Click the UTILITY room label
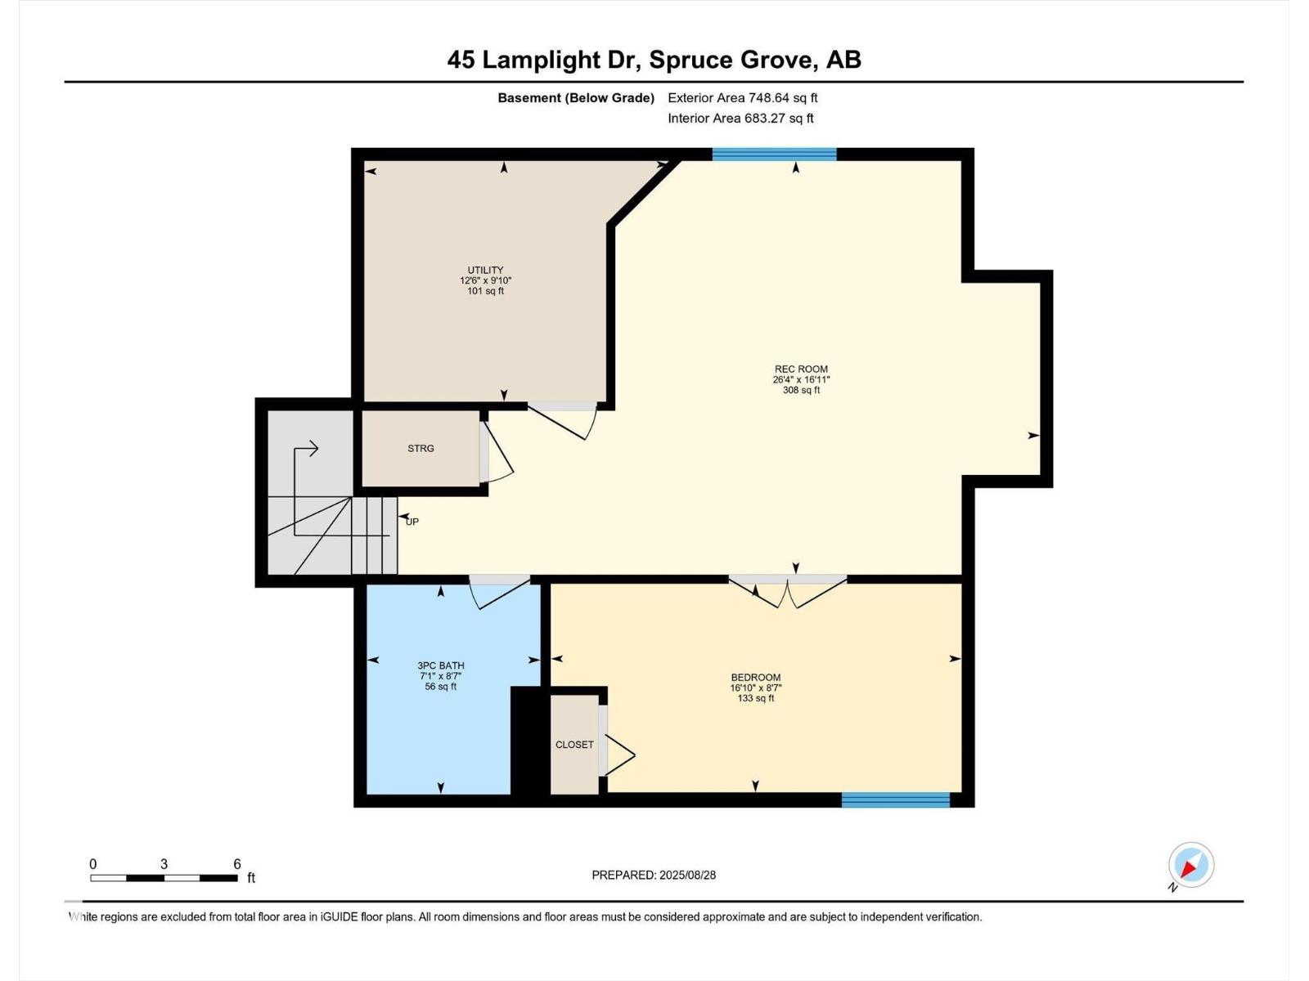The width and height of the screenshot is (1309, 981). click(x=485, y=270)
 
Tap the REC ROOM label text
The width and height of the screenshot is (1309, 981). click(x=801, y=370)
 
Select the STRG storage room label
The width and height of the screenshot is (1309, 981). click(x=421, y=449)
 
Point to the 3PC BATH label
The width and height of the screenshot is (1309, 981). click(x=441, y=665)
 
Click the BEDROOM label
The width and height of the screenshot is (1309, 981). click(x=756, y=677)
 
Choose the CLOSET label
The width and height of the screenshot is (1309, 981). click(x=574, y=745)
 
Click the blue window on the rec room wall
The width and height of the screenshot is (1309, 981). click(x=774, y=155)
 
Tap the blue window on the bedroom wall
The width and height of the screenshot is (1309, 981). click(x=895, y=800)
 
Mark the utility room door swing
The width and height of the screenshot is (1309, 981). click(x=562, y=422)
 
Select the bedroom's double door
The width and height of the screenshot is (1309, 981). click(x=787, y=591)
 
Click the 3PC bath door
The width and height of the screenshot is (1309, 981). click(x=500, y=592)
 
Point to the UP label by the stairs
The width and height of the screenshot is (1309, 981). click(x=412, y=522)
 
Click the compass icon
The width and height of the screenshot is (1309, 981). click(x=1191, y=866)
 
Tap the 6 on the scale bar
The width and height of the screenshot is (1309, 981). click(x=236, y=863)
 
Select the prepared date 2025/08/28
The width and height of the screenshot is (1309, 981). click(x=687, y=875)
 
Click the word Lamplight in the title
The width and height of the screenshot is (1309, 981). click(x=540, y=60)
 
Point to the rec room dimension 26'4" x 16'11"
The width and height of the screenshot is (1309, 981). click(x=801, y=379)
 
